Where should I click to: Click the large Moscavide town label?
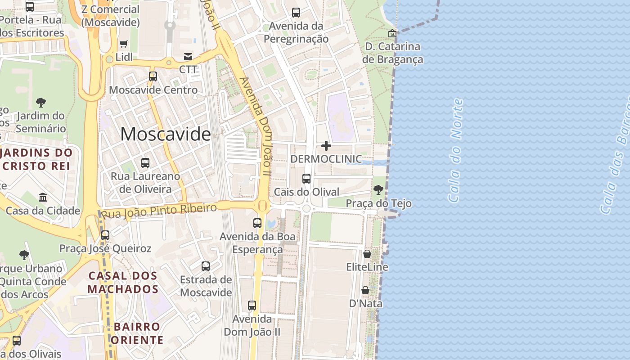165,134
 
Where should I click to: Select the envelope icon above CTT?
188,56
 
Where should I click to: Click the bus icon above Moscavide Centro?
153,76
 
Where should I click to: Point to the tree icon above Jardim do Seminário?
41,103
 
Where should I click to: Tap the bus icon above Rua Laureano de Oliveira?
145,163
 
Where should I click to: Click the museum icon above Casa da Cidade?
43,197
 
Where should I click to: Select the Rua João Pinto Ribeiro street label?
159,210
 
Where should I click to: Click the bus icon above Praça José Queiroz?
105,235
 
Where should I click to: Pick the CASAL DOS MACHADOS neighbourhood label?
123,282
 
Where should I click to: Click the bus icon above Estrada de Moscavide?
206,266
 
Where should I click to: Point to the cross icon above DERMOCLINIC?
326,146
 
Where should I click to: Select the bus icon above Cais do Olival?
306,179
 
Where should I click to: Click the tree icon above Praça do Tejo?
378,190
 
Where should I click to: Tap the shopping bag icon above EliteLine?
367,254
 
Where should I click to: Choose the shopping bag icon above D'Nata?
365,290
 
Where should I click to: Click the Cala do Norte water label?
455,150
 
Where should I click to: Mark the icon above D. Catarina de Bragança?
392,33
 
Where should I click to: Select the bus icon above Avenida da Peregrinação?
296,13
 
